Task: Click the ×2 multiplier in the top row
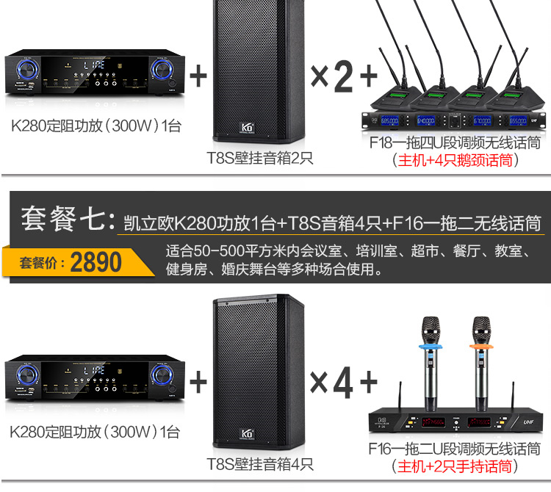[331, 76]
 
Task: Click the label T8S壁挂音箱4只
[259, 464]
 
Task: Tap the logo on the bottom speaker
[247, 432]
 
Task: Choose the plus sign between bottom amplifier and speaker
[198, 382]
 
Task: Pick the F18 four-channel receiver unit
[455, 118]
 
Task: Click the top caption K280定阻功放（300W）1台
[96, 126]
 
